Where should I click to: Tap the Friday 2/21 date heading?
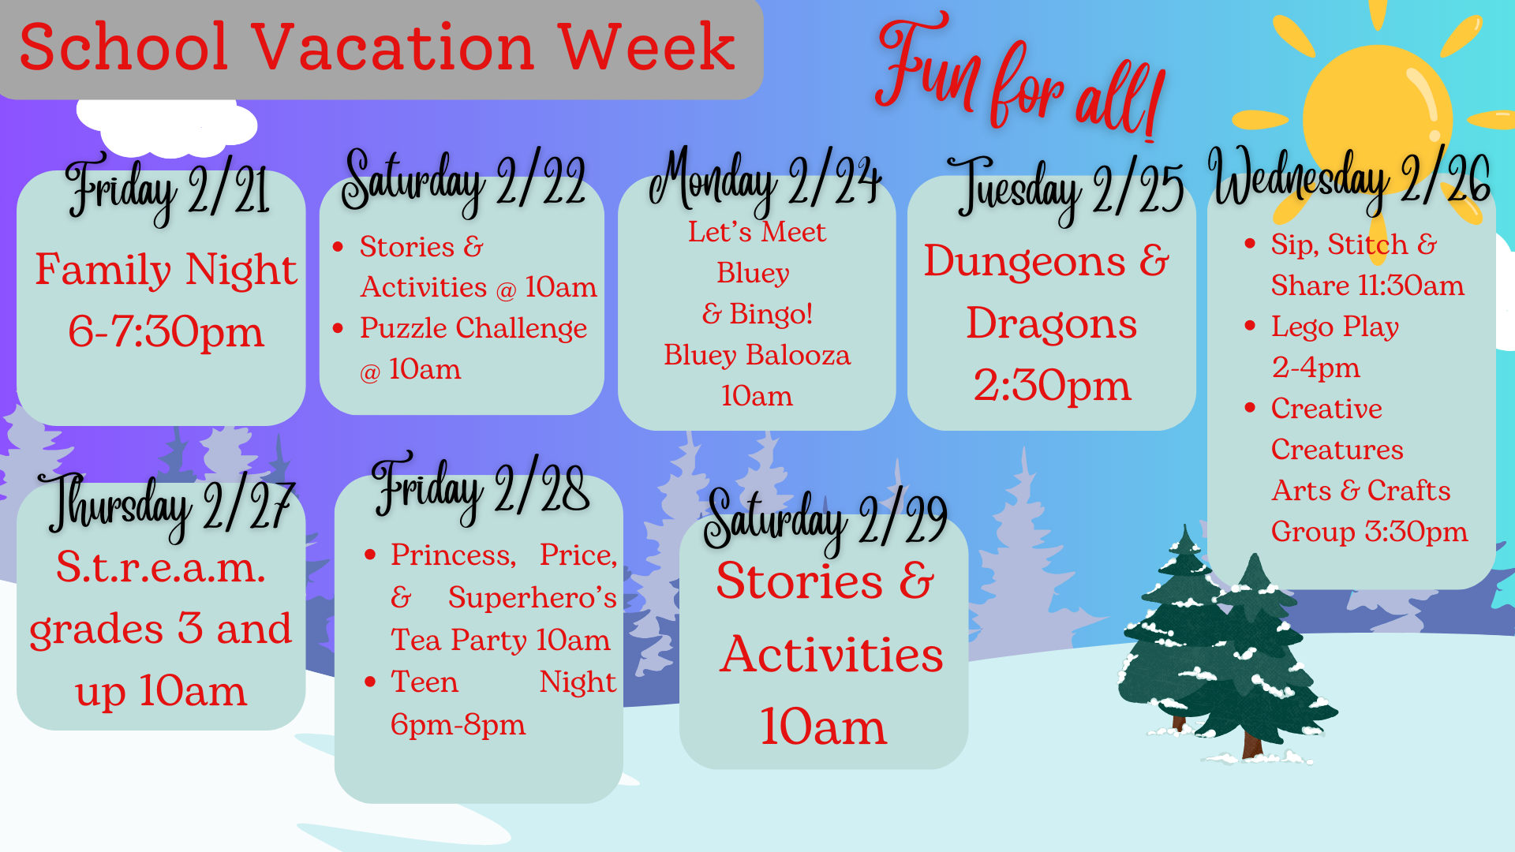pos(167,189)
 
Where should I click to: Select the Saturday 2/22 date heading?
pos(463,181)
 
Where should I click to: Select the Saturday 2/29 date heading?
pos(825,519)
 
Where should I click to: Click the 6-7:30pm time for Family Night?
pos(166,331)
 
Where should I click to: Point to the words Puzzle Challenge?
pos(473,328)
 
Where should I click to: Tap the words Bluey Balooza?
pos(757,355)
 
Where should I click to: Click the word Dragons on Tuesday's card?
pos(1052,323)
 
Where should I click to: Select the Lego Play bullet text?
pos(1335,327)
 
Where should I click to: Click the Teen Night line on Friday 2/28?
pos(503,682)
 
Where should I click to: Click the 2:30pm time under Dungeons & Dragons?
pos(1052,385)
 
